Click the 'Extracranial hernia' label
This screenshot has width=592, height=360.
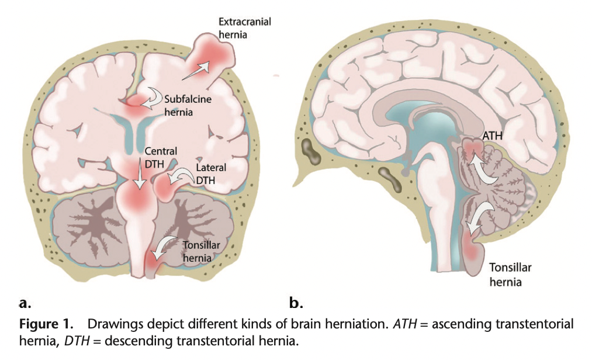coord(244,29)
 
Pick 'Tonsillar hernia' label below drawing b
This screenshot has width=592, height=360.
coord(506,276)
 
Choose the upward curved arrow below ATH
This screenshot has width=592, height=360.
coord(484,168)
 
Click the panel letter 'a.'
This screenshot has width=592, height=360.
coord(25,303)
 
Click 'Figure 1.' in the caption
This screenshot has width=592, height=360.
coord(44,324)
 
